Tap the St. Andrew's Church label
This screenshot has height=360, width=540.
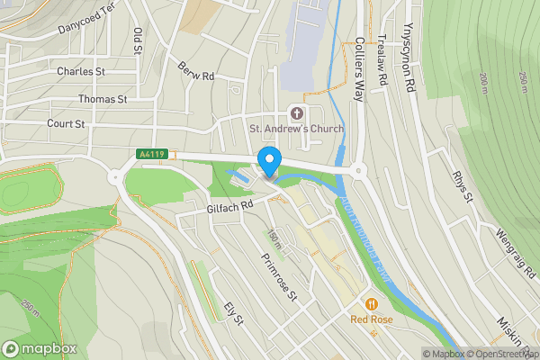click(x=296, y=129)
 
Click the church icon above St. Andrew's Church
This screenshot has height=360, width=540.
click(x=296, y=113)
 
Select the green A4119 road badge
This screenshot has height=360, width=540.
click(x=151, y=155)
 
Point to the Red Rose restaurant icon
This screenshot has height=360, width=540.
click(x=370, y=302)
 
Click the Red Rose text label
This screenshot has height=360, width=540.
click(x=370, y=319)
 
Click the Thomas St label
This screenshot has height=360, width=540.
click(x=103, y=98)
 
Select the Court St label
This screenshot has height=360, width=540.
click(x=67, y=123)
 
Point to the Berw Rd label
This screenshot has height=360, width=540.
click(x=195, y=70)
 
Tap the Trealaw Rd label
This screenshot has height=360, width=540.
click(x=382, y=61)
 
